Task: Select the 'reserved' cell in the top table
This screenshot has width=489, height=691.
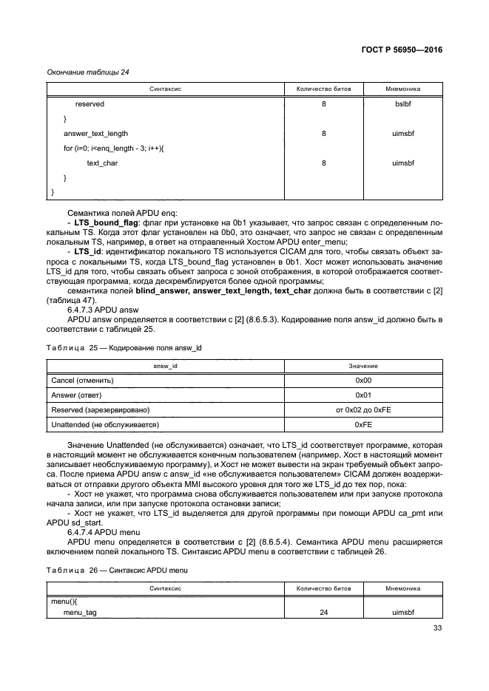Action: pos(90,104)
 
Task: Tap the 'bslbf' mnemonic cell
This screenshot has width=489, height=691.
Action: pos(403,104)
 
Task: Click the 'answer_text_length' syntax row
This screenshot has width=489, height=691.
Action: pos(95,134)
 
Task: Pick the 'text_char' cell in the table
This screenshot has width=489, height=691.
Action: pos(102,163)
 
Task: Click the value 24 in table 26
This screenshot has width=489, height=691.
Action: pos(323,613)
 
